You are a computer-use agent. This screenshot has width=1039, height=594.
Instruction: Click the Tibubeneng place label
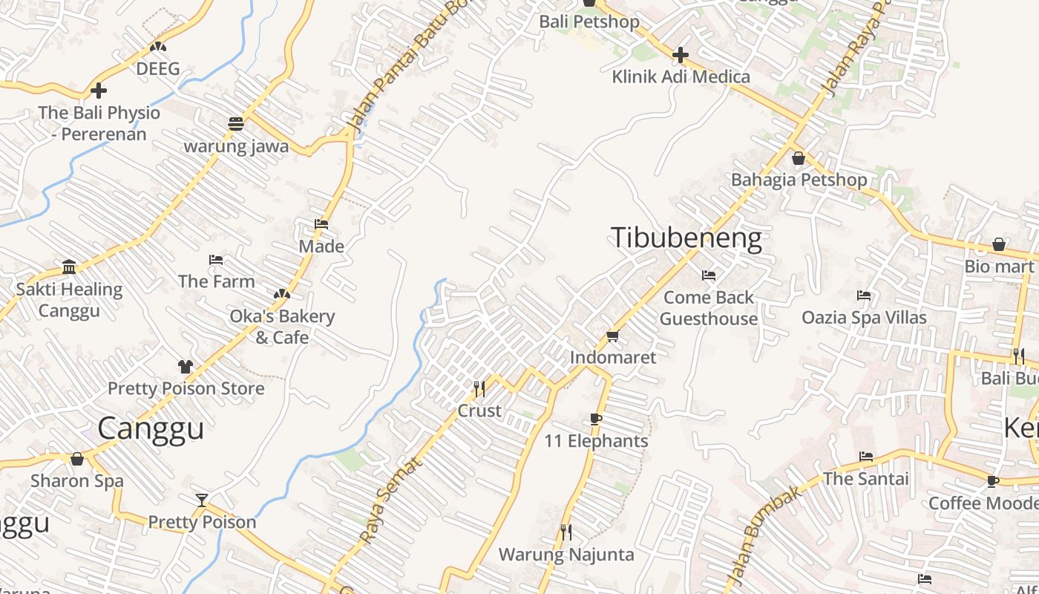coord(686,238)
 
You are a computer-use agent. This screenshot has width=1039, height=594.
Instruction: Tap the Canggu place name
coord(151,428)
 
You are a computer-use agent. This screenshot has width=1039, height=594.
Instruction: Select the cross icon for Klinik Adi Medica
coord(681,55)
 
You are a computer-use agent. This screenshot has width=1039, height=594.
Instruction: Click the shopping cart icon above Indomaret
coord(612,336)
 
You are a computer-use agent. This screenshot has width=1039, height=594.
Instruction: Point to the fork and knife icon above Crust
coord(479,388)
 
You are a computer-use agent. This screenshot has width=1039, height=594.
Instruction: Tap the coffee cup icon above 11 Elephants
coord(595,420)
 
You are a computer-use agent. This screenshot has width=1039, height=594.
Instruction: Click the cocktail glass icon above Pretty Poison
coord(201,500)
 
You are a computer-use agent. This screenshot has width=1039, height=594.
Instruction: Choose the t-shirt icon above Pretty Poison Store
coord(185,367)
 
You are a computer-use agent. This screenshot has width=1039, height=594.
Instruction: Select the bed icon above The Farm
coord(216,260)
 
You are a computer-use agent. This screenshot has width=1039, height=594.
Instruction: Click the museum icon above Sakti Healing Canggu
coord(69,267)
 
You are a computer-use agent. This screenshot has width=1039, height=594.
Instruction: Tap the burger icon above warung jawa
coord(235,124)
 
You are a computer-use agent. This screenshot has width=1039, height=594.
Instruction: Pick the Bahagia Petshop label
coord(799,180)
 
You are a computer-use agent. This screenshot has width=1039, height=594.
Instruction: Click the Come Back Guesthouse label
coord(709,308)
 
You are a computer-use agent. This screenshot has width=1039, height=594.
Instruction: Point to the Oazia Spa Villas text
coord(864,318)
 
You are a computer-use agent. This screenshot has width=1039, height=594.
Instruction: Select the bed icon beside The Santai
coord(865,457)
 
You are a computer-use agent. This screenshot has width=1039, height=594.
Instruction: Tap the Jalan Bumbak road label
coord(765,532)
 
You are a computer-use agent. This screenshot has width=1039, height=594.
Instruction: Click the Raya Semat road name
coord(391,500)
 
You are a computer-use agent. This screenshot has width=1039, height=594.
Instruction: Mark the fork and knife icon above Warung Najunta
coord(566,532)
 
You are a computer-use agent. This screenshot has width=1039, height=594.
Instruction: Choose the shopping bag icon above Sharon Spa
coord(76,460)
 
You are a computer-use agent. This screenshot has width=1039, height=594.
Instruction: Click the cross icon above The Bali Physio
coord(98,91)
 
